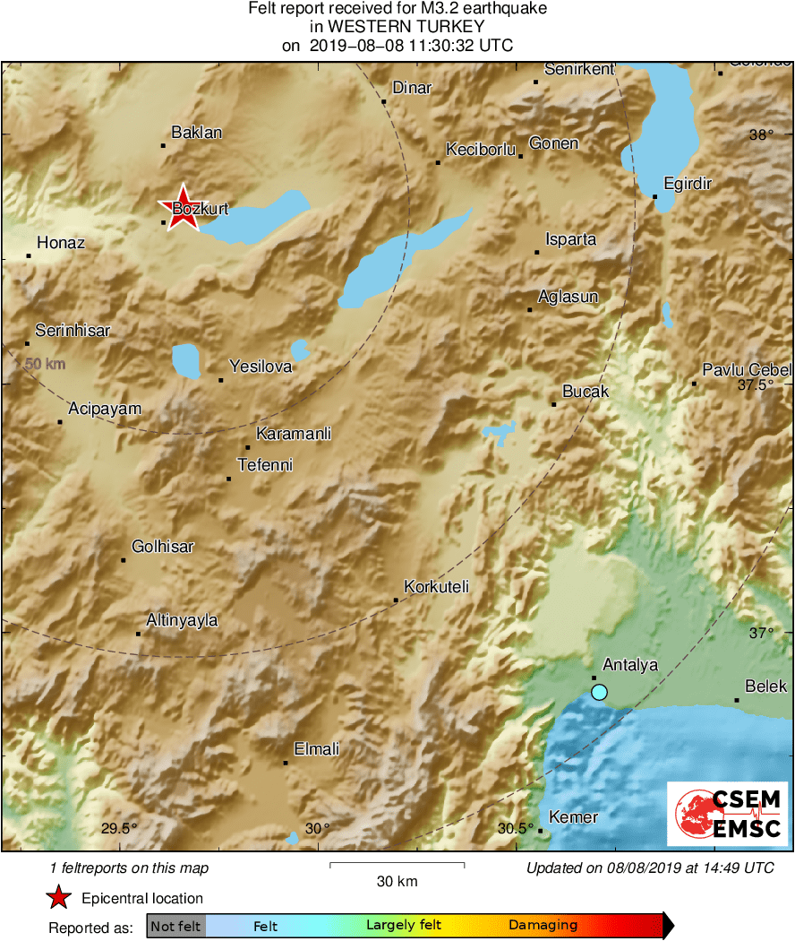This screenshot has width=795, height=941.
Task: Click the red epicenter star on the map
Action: (x=183, y=207)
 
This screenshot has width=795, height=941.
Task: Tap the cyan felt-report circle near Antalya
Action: (x=599, y=692)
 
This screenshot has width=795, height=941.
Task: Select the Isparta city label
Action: (x=570, y=239)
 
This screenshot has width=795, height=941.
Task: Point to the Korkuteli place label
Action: (x=436, y=587)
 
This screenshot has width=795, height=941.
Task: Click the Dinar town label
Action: (x=412, y=88)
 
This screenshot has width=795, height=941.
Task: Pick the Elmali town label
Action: (x=317, y=749)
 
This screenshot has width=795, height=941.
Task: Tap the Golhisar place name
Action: (x=162, y=547)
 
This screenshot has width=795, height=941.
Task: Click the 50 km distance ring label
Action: (x=45, y=364)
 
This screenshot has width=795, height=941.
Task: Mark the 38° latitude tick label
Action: (x=760, y=135)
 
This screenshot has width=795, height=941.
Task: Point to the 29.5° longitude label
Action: (x=119, y=828)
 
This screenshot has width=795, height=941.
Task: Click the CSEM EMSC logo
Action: (x=728, y=813)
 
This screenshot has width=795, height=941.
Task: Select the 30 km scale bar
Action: (x=397, y=865)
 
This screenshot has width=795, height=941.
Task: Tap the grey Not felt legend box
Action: (x=175, y=926)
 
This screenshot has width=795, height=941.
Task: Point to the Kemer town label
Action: (x=573, y=817)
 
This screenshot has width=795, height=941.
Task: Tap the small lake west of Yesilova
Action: (x=186, y=360)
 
